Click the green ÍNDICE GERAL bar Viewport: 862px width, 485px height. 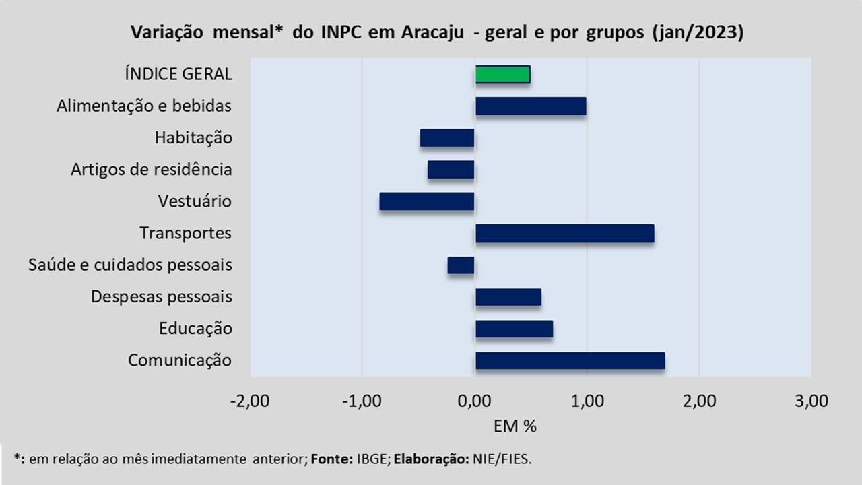point(502,74)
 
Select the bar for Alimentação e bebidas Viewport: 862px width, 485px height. point(531,106)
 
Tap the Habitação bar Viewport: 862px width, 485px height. point(447,138)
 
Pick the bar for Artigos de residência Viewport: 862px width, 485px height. point(451,170)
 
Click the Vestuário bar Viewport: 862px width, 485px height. point(427,201)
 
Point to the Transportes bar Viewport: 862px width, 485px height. point(564,233)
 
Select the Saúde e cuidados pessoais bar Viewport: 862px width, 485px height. point(461,265)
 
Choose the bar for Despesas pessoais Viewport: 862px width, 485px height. point(508,297)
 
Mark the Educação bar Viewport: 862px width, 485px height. point(514,329)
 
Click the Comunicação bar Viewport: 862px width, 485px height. point(570,360)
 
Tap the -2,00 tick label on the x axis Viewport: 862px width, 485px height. point(250,401)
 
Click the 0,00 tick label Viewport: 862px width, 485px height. point(475,401)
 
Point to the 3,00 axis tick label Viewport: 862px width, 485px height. point(811,401)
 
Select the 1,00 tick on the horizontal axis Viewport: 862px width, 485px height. point(587,401)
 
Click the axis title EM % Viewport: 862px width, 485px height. point(515,426)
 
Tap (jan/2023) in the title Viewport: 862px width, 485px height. point(697,33)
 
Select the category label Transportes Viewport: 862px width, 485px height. point(186,233)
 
